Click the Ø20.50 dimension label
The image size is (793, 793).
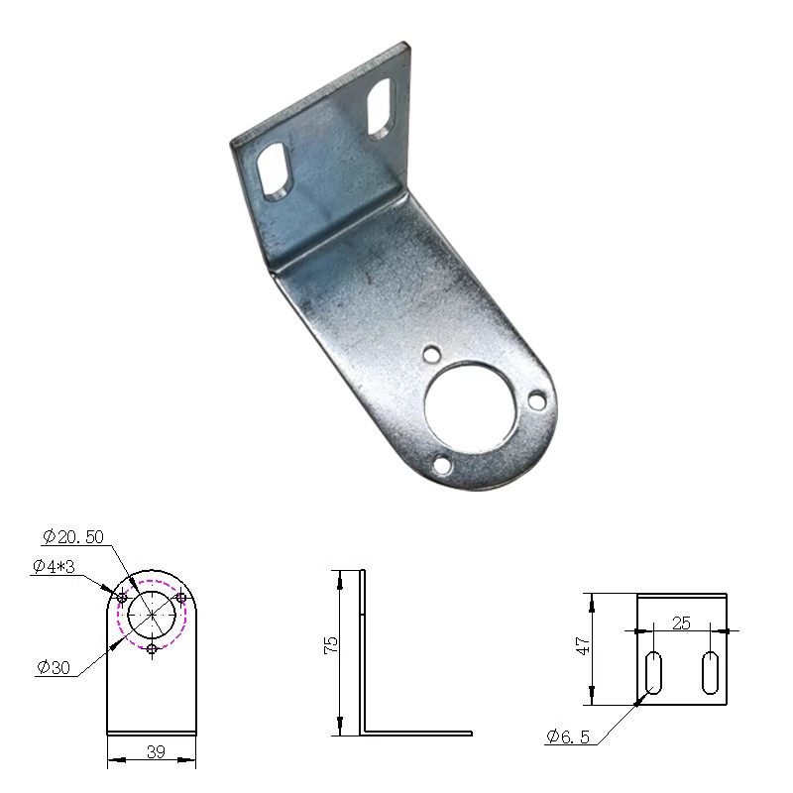[x=72, y=536]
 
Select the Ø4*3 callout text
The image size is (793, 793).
[x=54, y=566]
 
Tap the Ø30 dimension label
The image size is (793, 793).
[x=54, y=668]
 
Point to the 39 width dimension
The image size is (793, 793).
[x=156, y=752]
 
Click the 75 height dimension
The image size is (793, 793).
[x=331, y=645]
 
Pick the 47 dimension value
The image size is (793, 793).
[x=583, y=646]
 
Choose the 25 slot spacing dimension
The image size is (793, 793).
[x=681, y=623]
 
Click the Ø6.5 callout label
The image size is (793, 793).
[x=568, y=736]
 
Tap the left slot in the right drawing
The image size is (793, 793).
[x=653, y=673]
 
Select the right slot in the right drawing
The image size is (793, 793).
[x=710, y=673]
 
